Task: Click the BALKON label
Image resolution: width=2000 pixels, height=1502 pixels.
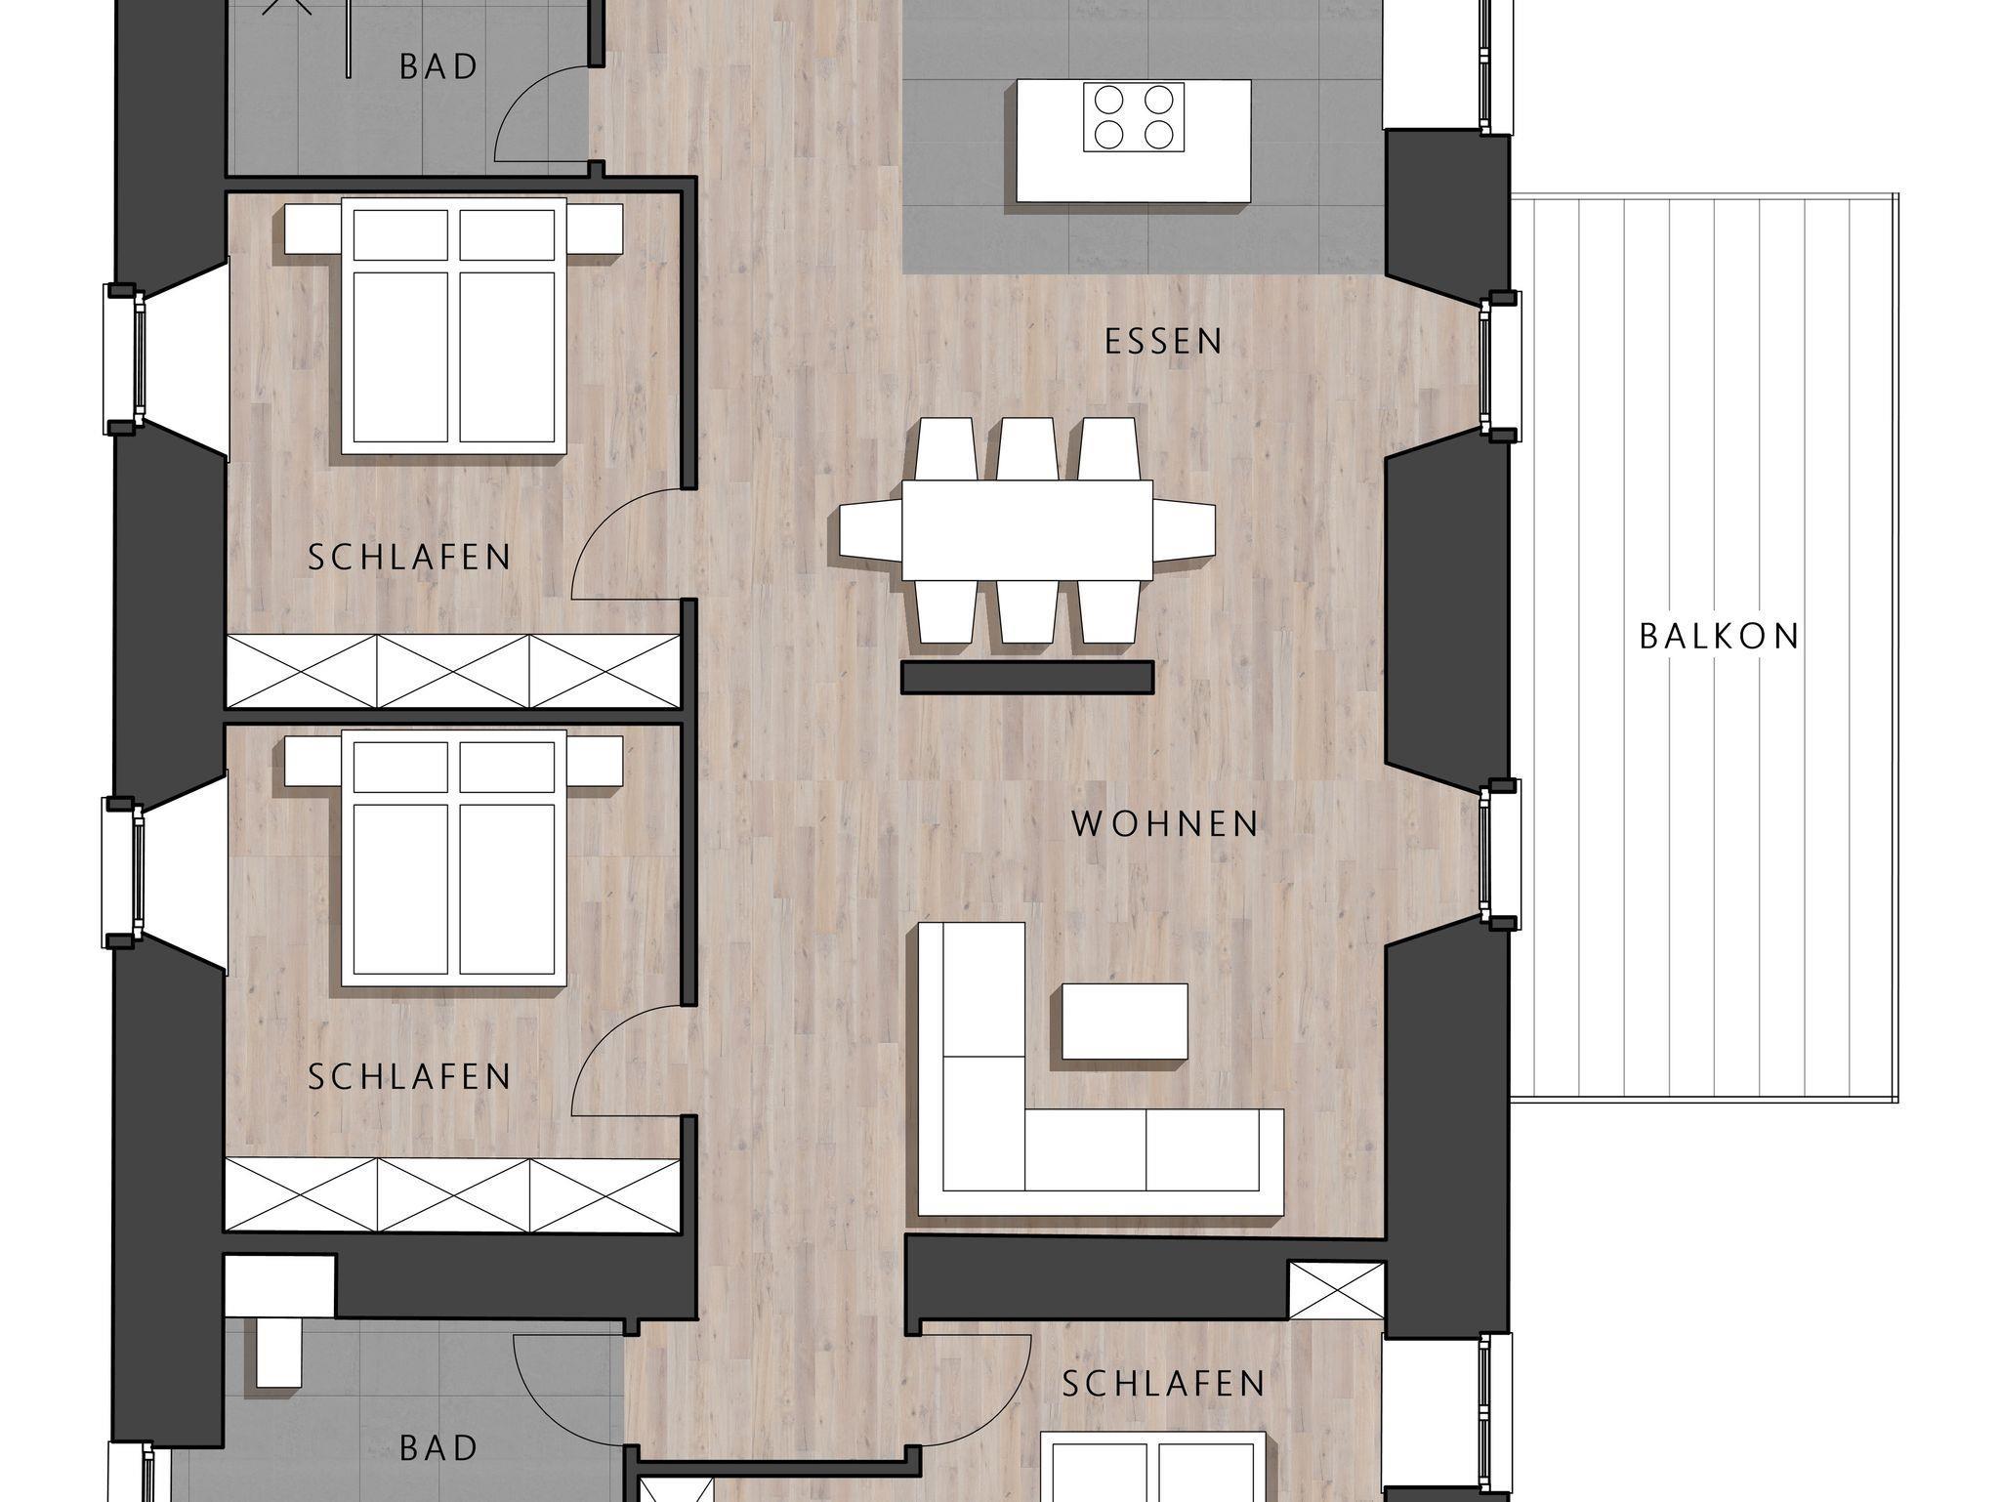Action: pos(1719,636)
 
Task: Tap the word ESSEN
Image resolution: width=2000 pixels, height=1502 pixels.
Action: pos(1163,341)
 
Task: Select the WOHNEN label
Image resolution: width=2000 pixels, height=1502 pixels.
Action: pos(1165,823)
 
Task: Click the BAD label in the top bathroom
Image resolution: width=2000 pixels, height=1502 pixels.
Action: pos(438,66)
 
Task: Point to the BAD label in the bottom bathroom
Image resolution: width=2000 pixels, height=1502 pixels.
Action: pos(438,1447)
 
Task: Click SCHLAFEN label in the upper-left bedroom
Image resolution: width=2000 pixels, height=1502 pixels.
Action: pos(409,557)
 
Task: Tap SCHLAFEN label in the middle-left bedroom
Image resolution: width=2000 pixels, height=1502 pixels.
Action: pos(409,1076)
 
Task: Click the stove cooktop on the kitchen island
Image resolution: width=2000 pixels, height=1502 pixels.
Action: pos(1134,116)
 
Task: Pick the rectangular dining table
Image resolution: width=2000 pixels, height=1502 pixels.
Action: pos(1026,530)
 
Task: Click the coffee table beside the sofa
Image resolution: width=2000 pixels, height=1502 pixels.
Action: pos(1125,1022)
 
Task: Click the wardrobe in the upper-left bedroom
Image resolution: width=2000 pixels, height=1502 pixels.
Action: pos(453,670)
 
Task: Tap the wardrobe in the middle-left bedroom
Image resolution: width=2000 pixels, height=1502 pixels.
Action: pos(453,1193)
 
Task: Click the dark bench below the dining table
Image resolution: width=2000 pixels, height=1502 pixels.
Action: pos(1027,677)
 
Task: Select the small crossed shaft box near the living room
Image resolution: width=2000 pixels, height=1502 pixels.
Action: pos(1336,1290)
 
